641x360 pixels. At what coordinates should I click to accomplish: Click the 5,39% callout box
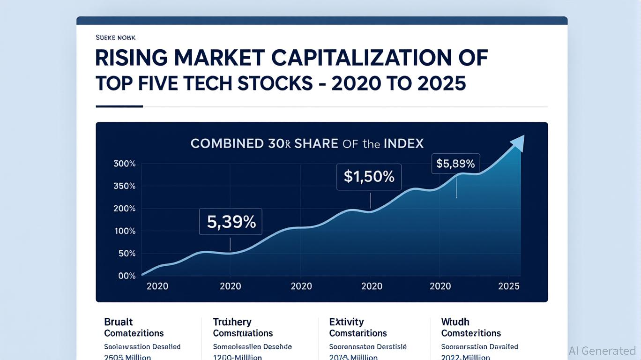coord(231,222)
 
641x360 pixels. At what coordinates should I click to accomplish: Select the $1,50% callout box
coord(369,177)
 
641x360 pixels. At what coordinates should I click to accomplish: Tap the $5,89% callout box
coord(455,164)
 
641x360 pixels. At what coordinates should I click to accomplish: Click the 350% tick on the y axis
coord(125,186)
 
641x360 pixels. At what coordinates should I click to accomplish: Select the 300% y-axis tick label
coord(125,164)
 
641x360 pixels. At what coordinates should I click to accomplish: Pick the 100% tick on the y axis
coord(125,231)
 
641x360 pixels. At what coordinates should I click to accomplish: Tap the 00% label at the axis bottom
coord(127,276)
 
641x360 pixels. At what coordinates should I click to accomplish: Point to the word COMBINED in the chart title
coord(227,143)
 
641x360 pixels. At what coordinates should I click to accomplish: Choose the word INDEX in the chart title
coord(404,143)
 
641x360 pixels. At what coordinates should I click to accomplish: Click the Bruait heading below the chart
coord(119,322)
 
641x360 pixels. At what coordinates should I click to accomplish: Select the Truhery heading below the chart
coord(232,322)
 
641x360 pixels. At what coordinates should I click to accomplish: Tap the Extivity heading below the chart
coord(346,322)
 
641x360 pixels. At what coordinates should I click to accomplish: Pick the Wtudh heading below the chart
coord(455,322)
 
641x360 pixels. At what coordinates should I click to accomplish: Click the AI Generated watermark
coord(602,351)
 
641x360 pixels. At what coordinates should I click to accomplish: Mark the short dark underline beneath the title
coord(119,106)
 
